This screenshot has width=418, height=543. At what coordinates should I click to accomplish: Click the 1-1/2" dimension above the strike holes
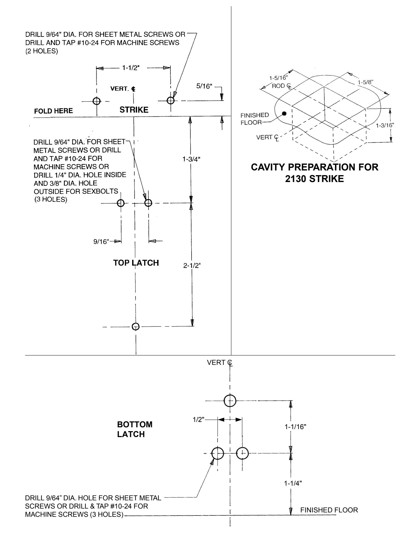tap(131, 68)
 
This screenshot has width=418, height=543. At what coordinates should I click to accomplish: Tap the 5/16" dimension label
tap(204, 86)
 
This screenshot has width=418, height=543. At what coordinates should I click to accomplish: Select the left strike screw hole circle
tap(97, 101)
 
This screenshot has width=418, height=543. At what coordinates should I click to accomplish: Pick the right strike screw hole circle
tap(170, 100)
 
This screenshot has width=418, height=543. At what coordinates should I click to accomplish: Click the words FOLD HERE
tap(53, 111)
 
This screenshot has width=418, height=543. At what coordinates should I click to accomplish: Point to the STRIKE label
tap(134, 110)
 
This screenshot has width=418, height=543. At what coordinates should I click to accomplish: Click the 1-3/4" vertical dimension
tap(191, 159)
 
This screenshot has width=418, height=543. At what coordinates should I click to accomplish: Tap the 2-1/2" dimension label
tap(192, 266)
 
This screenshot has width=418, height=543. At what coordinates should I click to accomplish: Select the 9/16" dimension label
tap(101, 242)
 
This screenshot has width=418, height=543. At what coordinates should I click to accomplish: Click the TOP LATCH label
tap(136, 263)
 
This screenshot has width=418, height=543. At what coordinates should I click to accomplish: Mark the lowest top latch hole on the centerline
tap(136, 327)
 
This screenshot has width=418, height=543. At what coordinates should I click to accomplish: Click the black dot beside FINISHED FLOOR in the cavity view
tap(284, 113)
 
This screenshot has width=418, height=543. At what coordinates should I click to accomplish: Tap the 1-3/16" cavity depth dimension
tap(385, 125)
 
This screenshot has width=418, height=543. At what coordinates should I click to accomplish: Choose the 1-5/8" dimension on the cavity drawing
tap(366, 82)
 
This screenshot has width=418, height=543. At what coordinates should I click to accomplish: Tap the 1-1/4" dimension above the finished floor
tap(293, 483)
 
